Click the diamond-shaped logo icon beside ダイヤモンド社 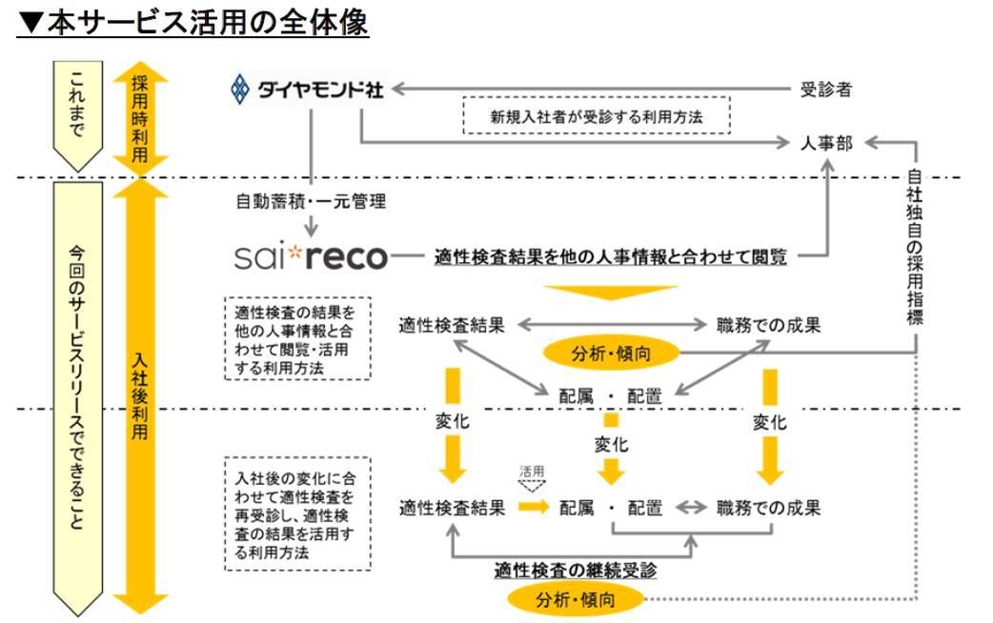[240, 90]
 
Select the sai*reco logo [312, 256]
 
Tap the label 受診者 [825, 90]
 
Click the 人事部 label [826, 143]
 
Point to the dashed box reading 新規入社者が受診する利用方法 [597, 117]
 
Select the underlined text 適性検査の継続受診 [576, 570]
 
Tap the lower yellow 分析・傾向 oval [576, 600]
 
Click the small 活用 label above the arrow [532, 470]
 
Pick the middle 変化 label [612, 445]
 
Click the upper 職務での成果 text [769, 325]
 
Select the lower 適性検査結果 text [452, 508]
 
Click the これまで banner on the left [78, 113]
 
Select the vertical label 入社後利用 [140, 399]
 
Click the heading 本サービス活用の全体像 [192, 22]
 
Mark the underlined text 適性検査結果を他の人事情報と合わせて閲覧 [610, 256]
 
